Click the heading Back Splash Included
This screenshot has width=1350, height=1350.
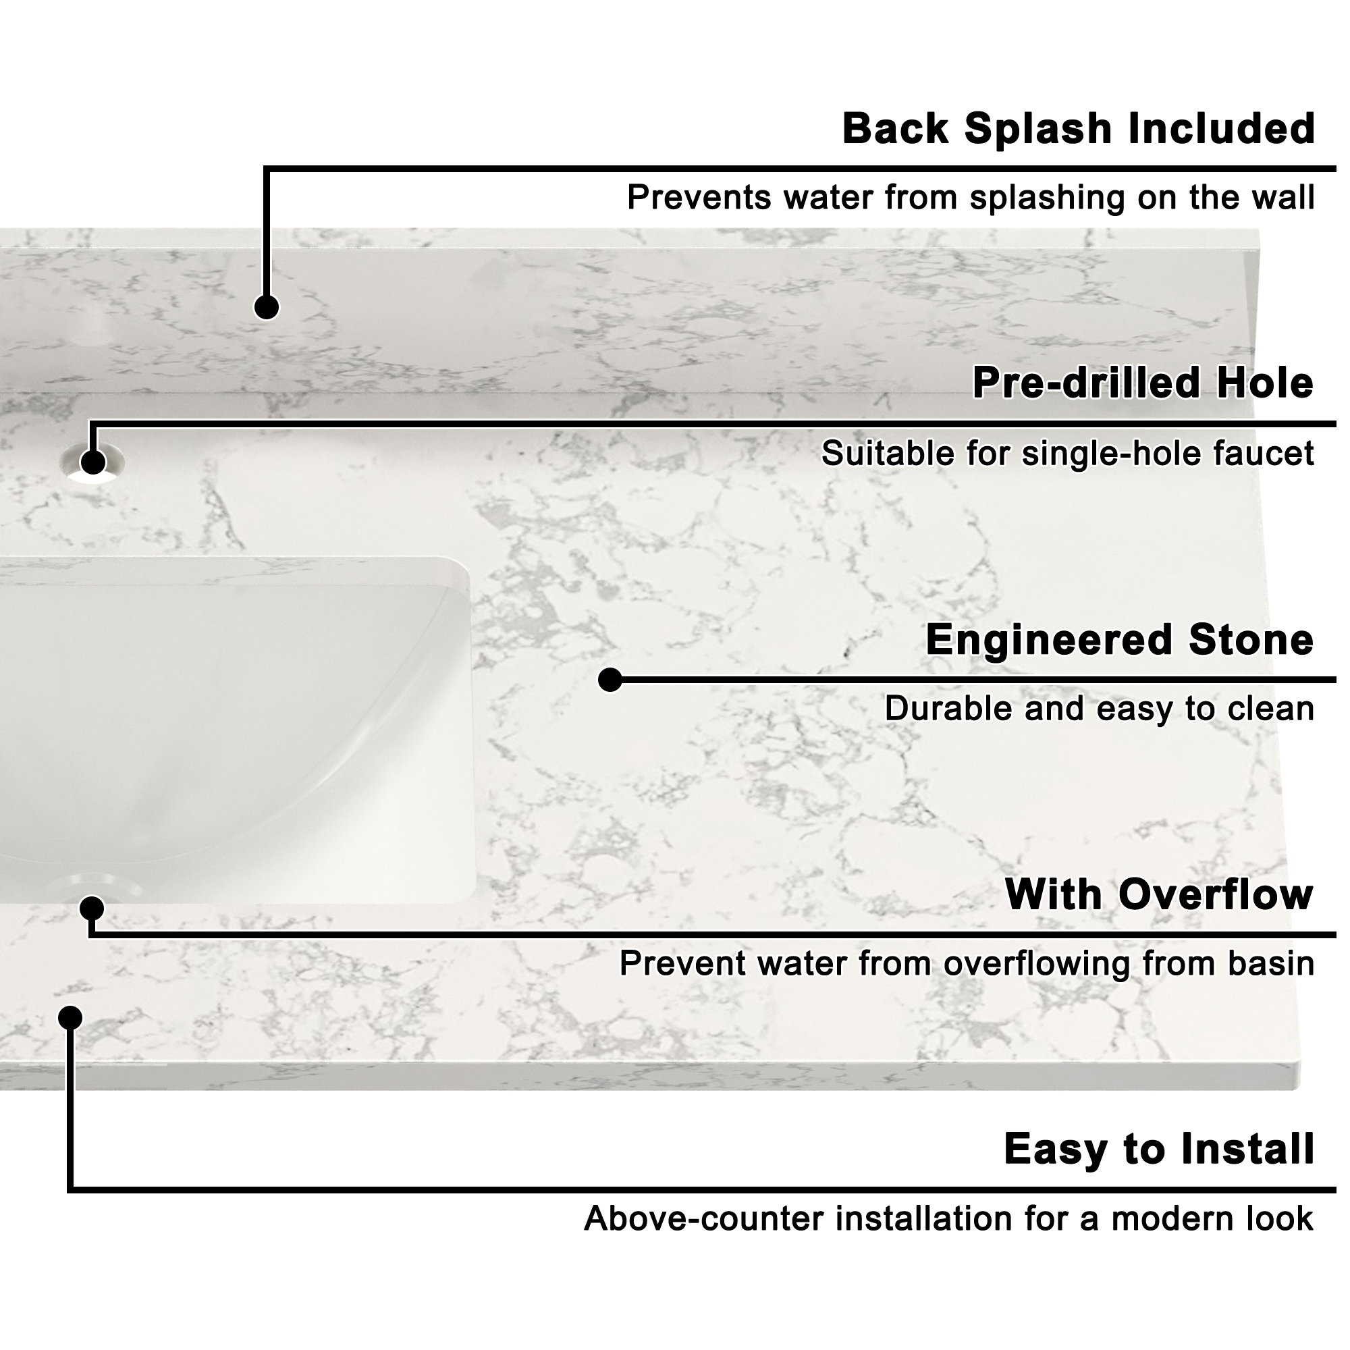(x=1078, y=130)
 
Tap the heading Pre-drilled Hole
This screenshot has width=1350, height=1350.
(x=1143, y=383)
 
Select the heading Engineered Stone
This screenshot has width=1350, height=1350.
(x=1119, y=639)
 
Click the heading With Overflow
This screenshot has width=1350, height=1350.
(x=1158, y=894)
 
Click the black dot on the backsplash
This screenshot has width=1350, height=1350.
(x=266, y=306)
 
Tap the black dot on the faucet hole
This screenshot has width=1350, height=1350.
(x=93, y=462)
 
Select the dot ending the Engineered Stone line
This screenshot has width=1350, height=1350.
(x=610, y=679)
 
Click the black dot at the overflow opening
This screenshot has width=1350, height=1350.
(x=92, y=909)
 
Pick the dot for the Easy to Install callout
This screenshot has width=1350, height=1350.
(x=70, y=1017)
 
